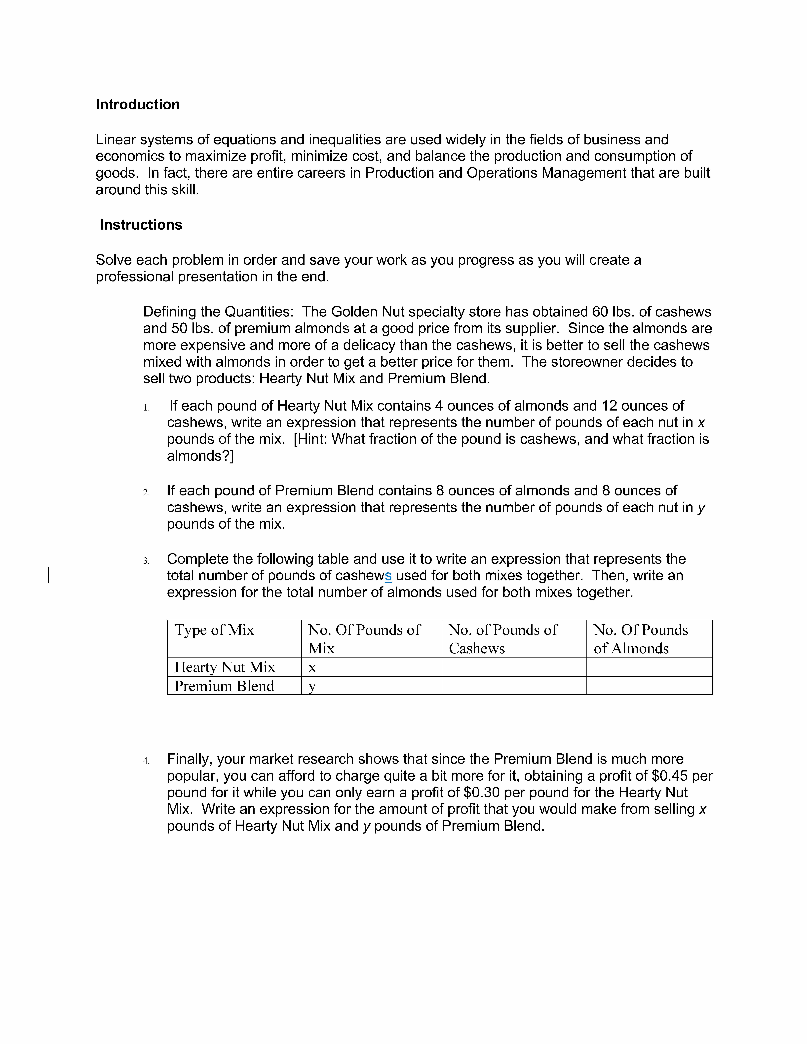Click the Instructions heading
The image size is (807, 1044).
click(x=141, y=225)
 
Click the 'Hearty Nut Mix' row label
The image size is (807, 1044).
click(x=225, y=667)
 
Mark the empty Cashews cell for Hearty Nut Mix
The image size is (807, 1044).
click(x=514, y=667)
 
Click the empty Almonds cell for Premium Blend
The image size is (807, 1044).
click(x=649, y=686)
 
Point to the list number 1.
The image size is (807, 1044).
click(x=146, y=408)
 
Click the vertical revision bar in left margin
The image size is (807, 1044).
click(x=49, y=575)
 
